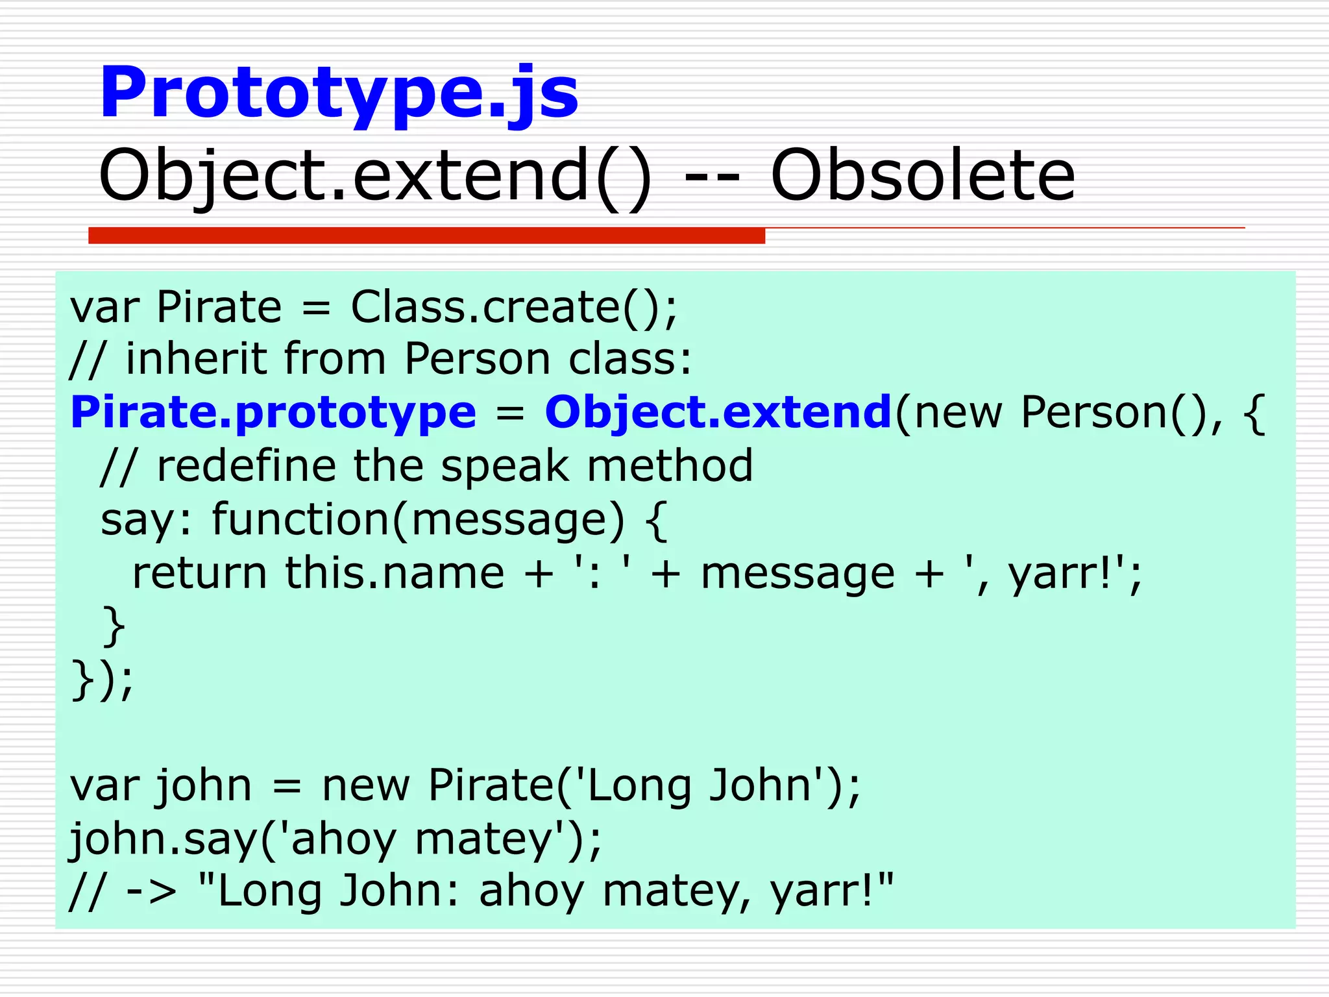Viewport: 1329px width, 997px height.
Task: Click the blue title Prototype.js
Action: coord(338,94)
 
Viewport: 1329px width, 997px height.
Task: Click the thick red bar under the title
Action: coord(426,236)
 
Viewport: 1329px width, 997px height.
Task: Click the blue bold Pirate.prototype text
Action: coord(273,413)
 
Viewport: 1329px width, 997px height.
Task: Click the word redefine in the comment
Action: coord(247,466)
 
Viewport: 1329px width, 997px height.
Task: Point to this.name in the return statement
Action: coord(395,573)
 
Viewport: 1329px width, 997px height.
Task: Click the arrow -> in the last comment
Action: coord(151,892)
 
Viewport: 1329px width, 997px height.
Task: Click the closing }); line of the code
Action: coord(102,680)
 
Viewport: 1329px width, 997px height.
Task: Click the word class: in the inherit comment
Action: coord(630,359)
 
